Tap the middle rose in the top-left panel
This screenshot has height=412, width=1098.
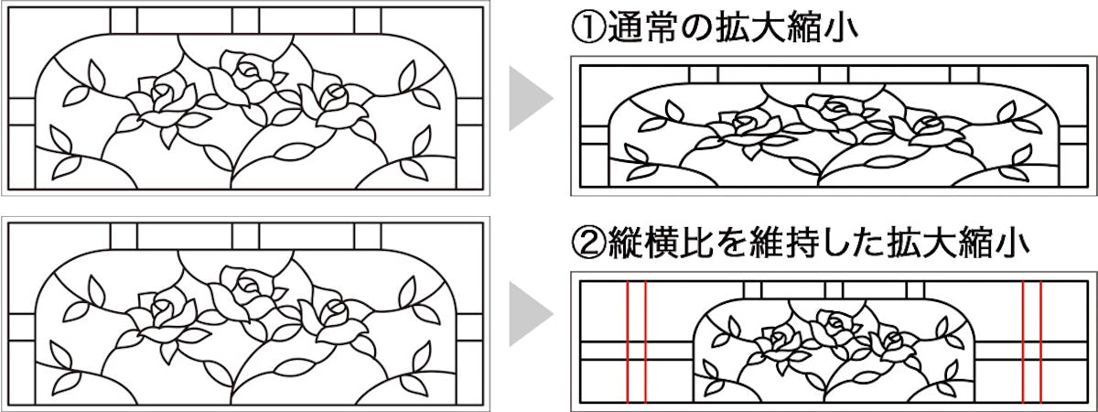point(242,73)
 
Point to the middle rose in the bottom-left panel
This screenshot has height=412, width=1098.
point(242,291)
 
